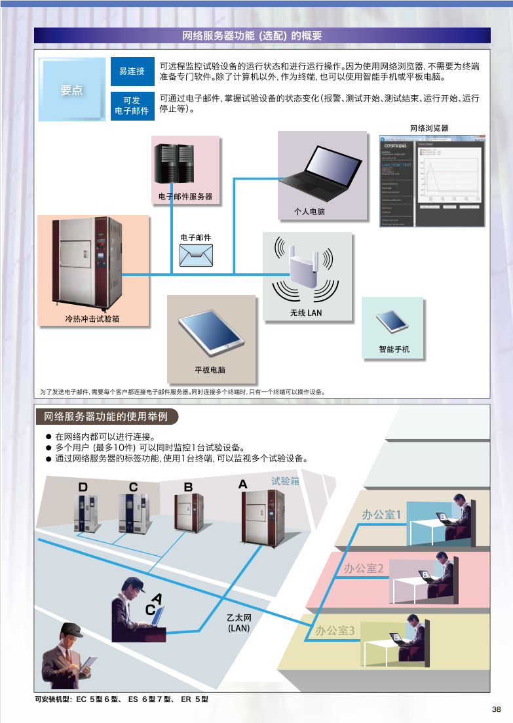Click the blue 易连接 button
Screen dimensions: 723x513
[x=132, y=71]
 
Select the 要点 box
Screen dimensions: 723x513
[x=72, y=90]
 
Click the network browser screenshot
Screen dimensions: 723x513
[x=432, y=181]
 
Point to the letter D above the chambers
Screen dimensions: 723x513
[x=83, y=487]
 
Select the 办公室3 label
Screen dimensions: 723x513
[x=335, y=631]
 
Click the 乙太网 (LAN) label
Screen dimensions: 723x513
[x=239, y=623]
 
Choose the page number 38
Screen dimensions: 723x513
[x=496, y=709]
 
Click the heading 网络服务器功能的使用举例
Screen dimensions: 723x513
[x=105, y=416]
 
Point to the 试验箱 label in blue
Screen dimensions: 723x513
[x=286, y=481]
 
